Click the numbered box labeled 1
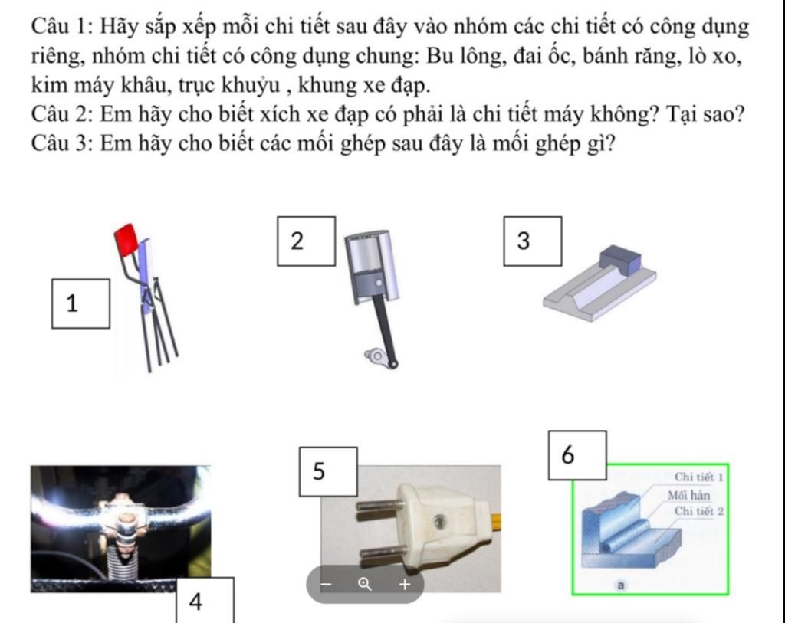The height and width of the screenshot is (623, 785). [x=80, y=303]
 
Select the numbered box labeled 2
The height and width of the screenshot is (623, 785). [x=306, y=241]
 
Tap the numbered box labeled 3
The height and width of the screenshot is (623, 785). [x=532, y=241]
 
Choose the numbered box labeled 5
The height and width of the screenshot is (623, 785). [x=327, y=471]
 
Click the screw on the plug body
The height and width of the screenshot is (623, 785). [x=438, y=522]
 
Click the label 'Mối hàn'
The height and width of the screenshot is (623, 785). [x=688, y=495]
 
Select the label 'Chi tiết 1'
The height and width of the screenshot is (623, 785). [x=698, y=477]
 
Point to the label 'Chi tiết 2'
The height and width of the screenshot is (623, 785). [x=698, y=511]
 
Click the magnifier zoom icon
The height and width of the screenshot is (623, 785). [x=366, y=585]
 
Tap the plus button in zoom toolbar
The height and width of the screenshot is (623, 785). [x=405, y=585]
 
